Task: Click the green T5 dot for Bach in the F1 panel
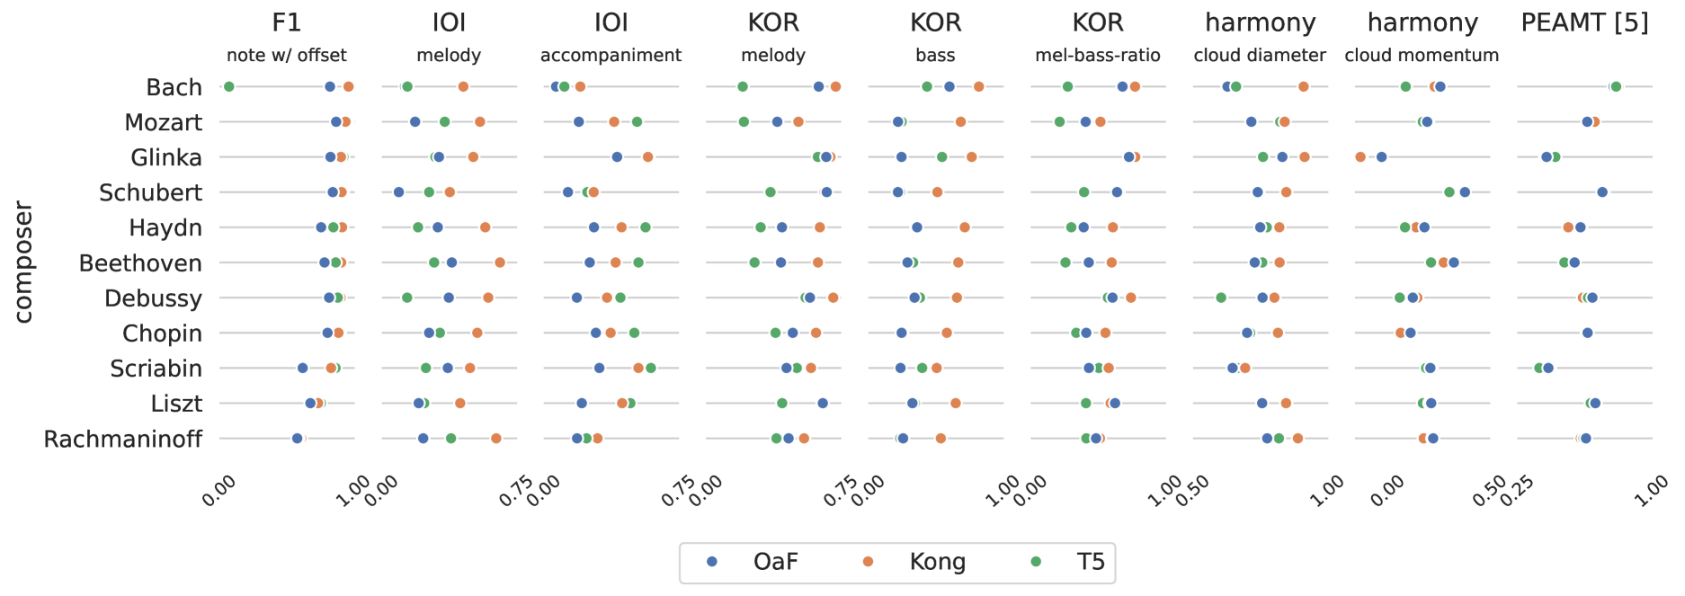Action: coord(228,86)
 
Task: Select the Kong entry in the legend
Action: coord(937,563)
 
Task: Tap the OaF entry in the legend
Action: coord(775,563)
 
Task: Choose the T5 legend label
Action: coord(1090,563)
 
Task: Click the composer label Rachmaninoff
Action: coord(123,440)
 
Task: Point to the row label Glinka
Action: coord(166,158)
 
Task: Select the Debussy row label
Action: coord(153,298)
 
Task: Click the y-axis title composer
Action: coord(24,262)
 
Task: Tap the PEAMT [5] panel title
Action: coord(1584,22)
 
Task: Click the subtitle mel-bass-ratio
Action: coord(1097,56)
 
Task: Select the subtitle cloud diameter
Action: coord(1260,56)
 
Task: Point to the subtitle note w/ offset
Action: coord(286,56)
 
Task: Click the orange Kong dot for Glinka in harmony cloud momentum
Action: coord(1360,157)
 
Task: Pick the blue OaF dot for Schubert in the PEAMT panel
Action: coord(1602,192)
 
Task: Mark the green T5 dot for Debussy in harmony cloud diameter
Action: coord(1221,298)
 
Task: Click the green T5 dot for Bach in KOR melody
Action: coord(742,86)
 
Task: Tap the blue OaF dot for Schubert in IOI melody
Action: coord(398,192)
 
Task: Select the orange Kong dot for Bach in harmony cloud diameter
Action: coord(1303,86)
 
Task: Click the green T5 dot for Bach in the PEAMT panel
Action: coord(1616,86)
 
